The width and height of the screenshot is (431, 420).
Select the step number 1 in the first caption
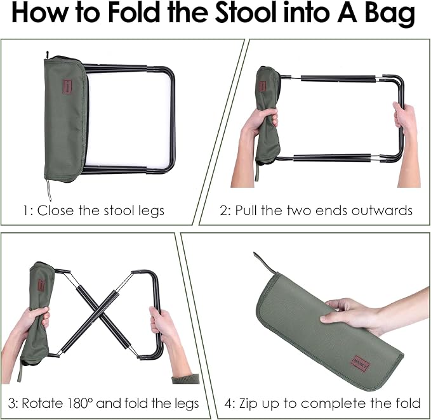tap(25, 211)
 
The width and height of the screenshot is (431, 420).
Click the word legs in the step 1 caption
tap(151, 212)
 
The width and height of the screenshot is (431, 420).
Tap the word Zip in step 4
tap(247, 404)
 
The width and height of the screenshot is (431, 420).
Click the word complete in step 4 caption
tap(335, 404)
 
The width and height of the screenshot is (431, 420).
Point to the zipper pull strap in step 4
tap(264, 262)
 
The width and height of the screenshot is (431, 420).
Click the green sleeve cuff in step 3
tap(186, 379)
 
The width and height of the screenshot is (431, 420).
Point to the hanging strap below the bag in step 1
tap(49, 190)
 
